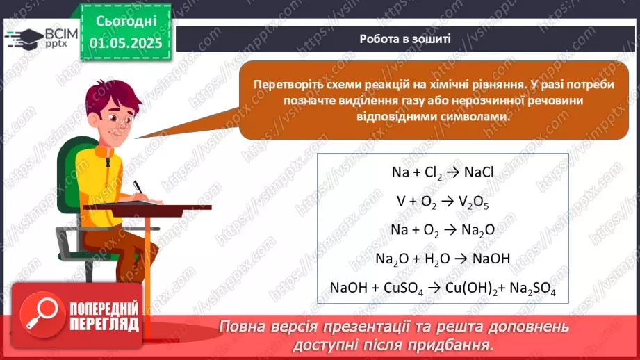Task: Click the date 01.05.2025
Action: (x=125, y=43)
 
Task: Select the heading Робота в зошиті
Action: (x=405, y=39)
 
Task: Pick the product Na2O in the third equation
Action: (x=477, y=230)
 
